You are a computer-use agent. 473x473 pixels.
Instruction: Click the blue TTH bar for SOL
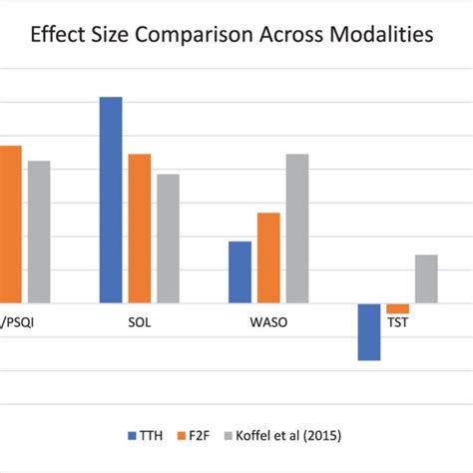tap(111, 200)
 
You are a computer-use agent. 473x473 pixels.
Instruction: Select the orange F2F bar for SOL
tap(140, 229)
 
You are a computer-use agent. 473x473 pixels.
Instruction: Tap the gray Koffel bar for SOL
tap(169, 238)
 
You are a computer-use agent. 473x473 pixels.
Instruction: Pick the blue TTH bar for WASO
tap(240, 271)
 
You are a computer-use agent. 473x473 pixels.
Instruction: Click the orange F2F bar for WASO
tap(269, 257)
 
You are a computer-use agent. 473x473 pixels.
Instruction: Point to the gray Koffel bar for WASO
tap(297, 229)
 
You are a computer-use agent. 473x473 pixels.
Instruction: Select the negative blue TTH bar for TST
tap(369, 331)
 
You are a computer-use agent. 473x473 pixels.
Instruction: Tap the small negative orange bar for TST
tap(398, 308)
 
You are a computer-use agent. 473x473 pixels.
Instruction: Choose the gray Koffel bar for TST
tap(426, 278)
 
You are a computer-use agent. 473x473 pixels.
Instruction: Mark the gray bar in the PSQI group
tap(39, 232)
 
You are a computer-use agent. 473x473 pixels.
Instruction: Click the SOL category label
tap(140, 322)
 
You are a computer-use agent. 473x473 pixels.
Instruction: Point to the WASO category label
tap(269, 322)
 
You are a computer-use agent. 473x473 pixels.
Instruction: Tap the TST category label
tap(399, 322)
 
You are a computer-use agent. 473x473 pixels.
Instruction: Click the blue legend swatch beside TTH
tap(133, 435)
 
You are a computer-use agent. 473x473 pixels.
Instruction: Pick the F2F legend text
tap(213, 435)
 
